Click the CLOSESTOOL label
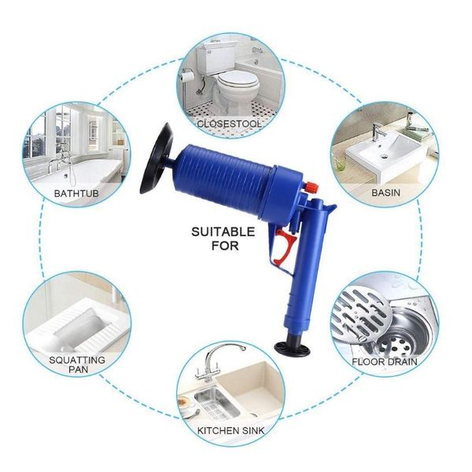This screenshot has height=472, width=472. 230,124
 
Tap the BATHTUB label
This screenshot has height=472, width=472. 76,193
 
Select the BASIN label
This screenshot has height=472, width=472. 386,193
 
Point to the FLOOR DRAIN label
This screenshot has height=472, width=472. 385,362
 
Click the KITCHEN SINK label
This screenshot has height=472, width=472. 230,430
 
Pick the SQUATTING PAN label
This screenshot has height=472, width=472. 77,364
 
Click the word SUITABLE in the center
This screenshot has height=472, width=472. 223,232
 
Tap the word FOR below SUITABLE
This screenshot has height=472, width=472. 225,245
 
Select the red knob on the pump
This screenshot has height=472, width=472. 312,187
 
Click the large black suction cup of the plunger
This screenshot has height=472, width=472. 157,159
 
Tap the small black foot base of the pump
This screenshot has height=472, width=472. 293,348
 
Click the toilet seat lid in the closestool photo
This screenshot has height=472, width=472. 238,80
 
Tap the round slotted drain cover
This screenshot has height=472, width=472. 361,314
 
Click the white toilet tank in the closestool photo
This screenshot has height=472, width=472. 216,59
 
